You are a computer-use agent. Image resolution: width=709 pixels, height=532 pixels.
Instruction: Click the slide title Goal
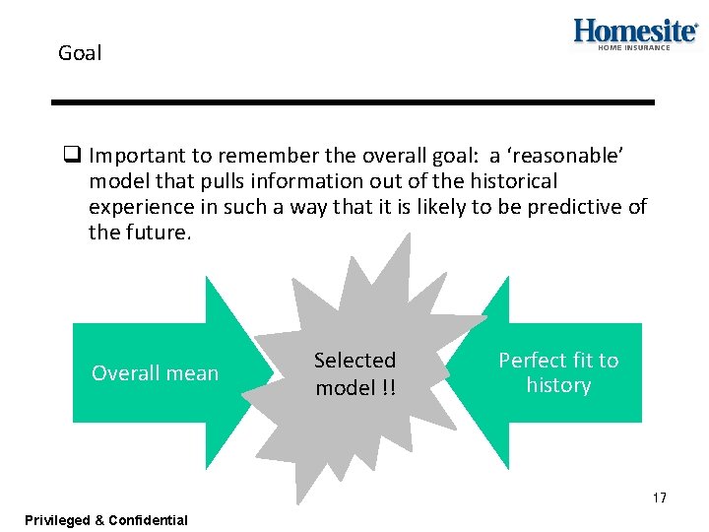click(x=80, y=53)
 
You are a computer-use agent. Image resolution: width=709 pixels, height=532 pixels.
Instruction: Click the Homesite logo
click(x=635, y=31)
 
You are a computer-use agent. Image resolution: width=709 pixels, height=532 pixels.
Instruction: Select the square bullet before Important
click(x=72, y=155)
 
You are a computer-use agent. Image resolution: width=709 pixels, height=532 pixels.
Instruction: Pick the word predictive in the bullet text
click(x=572, y=207)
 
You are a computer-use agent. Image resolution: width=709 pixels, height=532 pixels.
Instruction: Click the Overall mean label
click(x=155, y=373)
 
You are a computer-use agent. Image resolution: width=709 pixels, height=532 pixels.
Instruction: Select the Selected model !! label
click(x=355, y=373)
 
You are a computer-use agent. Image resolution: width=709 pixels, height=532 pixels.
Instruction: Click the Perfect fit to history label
click(x=558, y=372)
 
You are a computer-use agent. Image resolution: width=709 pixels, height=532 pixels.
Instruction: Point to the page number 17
click(x=659, y=498)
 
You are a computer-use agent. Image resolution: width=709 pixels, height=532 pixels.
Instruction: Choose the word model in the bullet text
click(x=114, y=181)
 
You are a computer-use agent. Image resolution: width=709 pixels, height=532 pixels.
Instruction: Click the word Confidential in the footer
click(x=149, y=520)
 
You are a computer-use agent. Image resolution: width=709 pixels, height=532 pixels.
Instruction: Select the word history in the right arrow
click(x=558, y=385)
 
